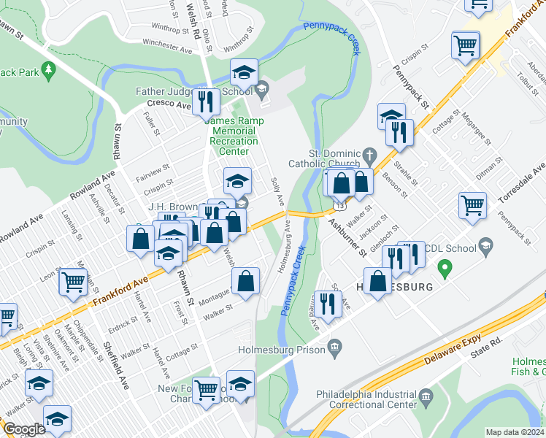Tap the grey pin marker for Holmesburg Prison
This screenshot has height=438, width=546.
click(334, 345)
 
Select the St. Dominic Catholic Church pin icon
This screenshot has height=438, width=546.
click(370, 155)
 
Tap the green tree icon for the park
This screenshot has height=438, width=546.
click(50, 70)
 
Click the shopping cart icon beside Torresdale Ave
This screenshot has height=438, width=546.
click(472, 204)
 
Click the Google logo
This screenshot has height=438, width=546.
click(24, 429)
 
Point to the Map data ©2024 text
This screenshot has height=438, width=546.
click(515, 432)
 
